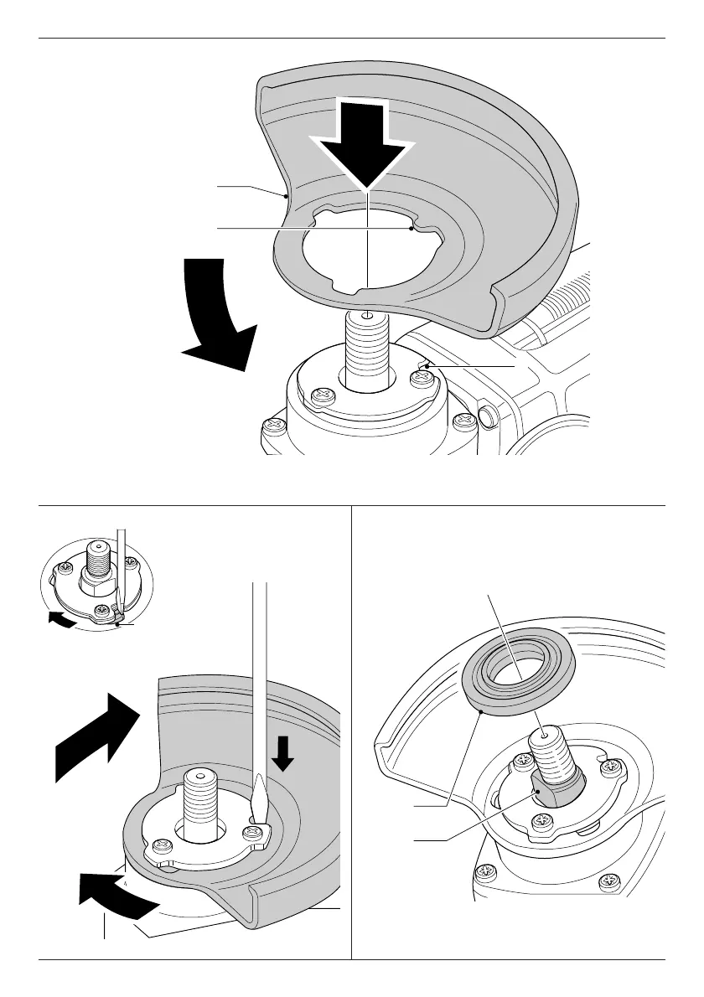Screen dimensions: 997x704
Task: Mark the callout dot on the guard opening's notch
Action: (412, 227)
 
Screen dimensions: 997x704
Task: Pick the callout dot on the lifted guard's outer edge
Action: (287, 195)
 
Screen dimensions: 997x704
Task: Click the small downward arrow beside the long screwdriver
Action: (284, 752)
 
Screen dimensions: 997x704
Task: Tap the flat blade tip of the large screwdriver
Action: (258, 801)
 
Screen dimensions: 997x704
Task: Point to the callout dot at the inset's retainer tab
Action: (120, 622)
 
